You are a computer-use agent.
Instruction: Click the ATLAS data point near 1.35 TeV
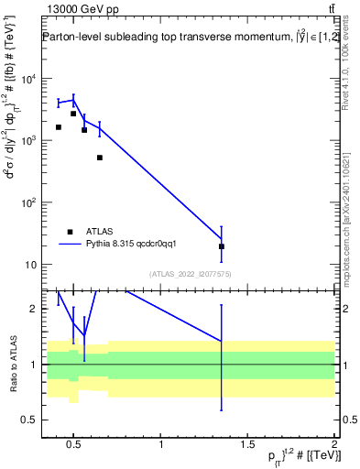pos(221,246)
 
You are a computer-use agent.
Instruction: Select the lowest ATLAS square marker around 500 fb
pos(100,158)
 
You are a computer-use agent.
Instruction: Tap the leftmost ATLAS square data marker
pos(59,127)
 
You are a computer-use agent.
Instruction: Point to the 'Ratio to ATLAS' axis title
pos(12,364)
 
